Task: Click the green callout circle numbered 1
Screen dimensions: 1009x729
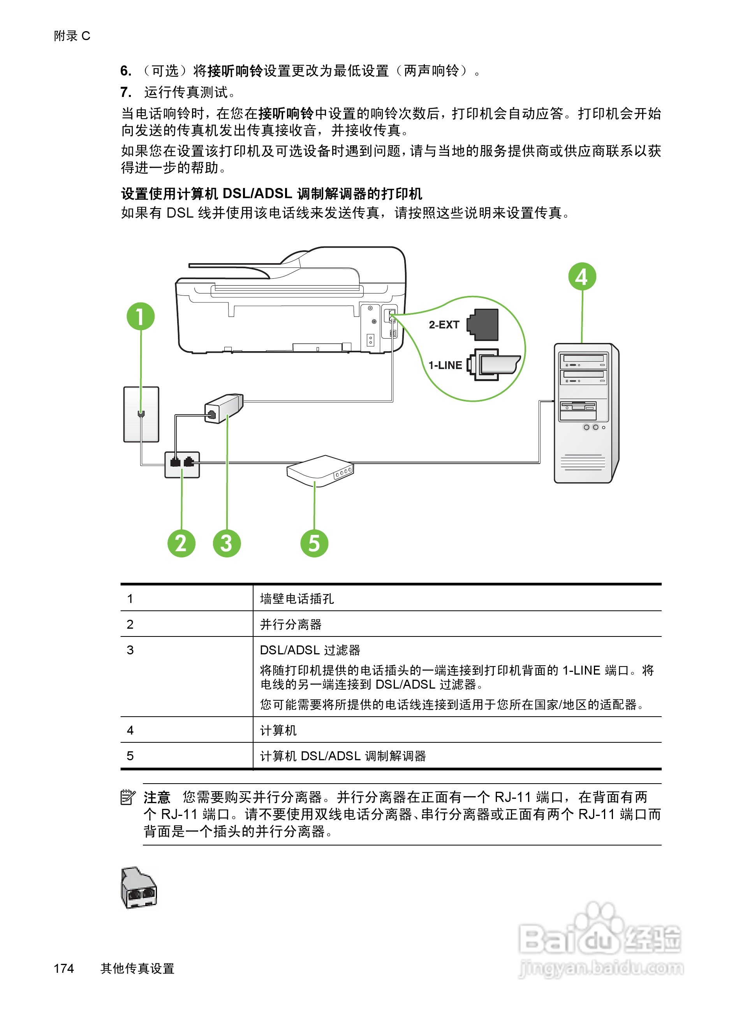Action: coord(140,317)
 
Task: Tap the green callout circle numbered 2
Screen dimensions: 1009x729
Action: coord(181,543)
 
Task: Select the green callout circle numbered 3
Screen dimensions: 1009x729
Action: coord(227,543)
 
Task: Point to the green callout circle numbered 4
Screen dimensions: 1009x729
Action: coord(582,276)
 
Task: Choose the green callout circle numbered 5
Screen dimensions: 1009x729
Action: coord(314,543)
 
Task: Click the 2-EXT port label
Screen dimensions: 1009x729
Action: coord(444,325)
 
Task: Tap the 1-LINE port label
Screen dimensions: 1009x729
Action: coord(445,365)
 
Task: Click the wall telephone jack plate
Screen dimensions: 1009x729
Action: coord(141,414)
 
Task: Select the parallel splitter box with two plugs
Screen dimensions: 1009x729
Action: coord(182,464)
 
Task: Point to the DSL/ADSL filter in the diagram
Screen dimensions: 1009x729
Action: coord(224,408)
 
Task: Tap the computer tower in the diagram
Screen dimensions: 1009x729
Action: coord(586,413)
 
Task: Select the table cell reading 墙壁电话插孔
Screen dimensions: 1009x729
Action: coord(297,599)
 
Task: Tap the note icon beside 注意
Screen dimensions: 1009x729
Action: coord(128,797)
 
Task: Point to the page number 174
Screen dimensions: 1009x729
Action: coord(63,969)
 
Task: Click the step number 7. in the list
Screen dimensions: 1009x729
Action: coord(125,92)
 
